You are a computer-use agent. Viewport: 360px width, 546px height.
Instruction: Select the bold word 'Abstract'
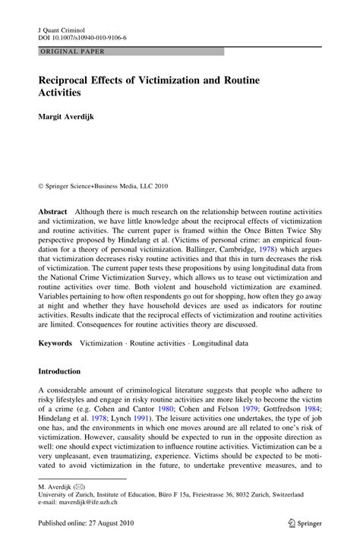52,210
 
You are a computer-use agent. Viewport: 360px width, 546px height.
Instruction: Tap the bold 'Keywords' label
55,343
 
